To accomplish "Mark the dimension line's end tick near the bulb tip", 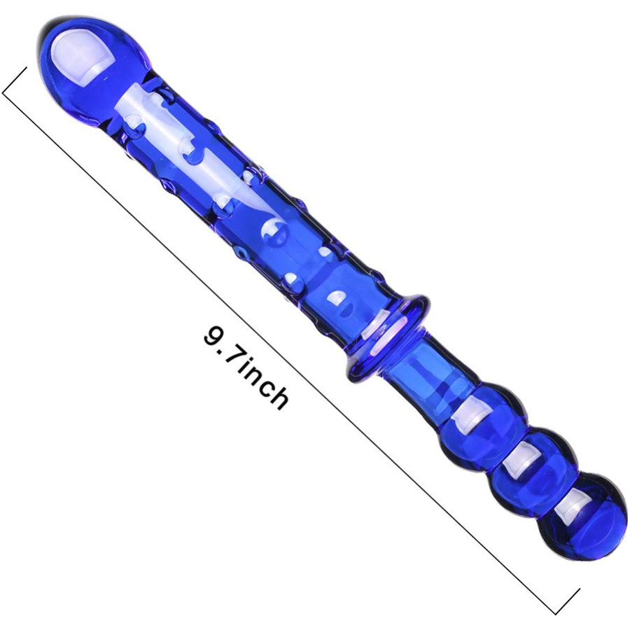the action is pos(15,80).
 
